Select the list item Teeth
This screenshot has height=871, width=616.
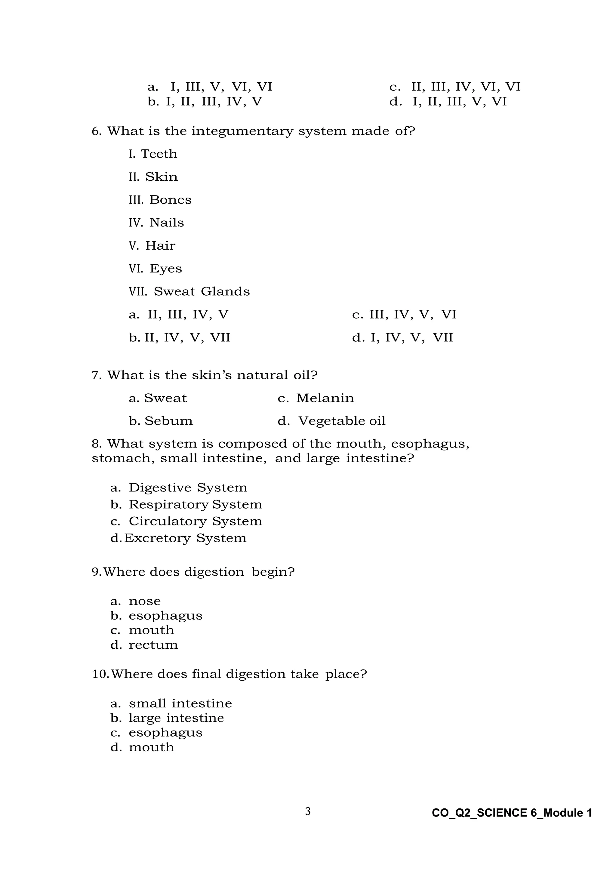click(159, 154)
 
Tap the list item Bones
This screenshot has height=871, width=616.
click(170, 200)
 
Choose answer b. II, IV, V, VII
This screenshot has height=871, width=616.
click(179, 338)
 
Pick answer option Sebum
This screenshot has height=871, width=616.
click(168, 421)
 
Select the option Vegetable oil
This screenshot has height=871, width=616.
click(341, 421)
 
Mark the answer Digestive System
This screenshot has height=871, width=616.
click(188, 488)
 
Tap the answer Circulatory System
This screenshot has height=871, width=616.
click(195, 521)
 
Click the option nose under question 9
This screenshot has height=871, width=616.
click(144, 601)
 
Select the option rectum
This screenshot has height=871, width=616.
click(153, 645)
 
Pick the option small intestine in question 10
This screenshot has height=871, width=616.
click(180, 704)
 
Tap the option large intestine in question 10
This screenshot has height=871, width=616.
click(176, 718)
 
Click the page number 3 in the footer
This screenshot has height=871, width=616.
click(308, 811)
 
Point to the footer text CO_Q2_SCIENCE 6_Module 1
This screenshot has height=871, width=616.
click(512, 813)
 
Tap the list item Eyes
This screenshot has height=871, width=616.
click(165, 269)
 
